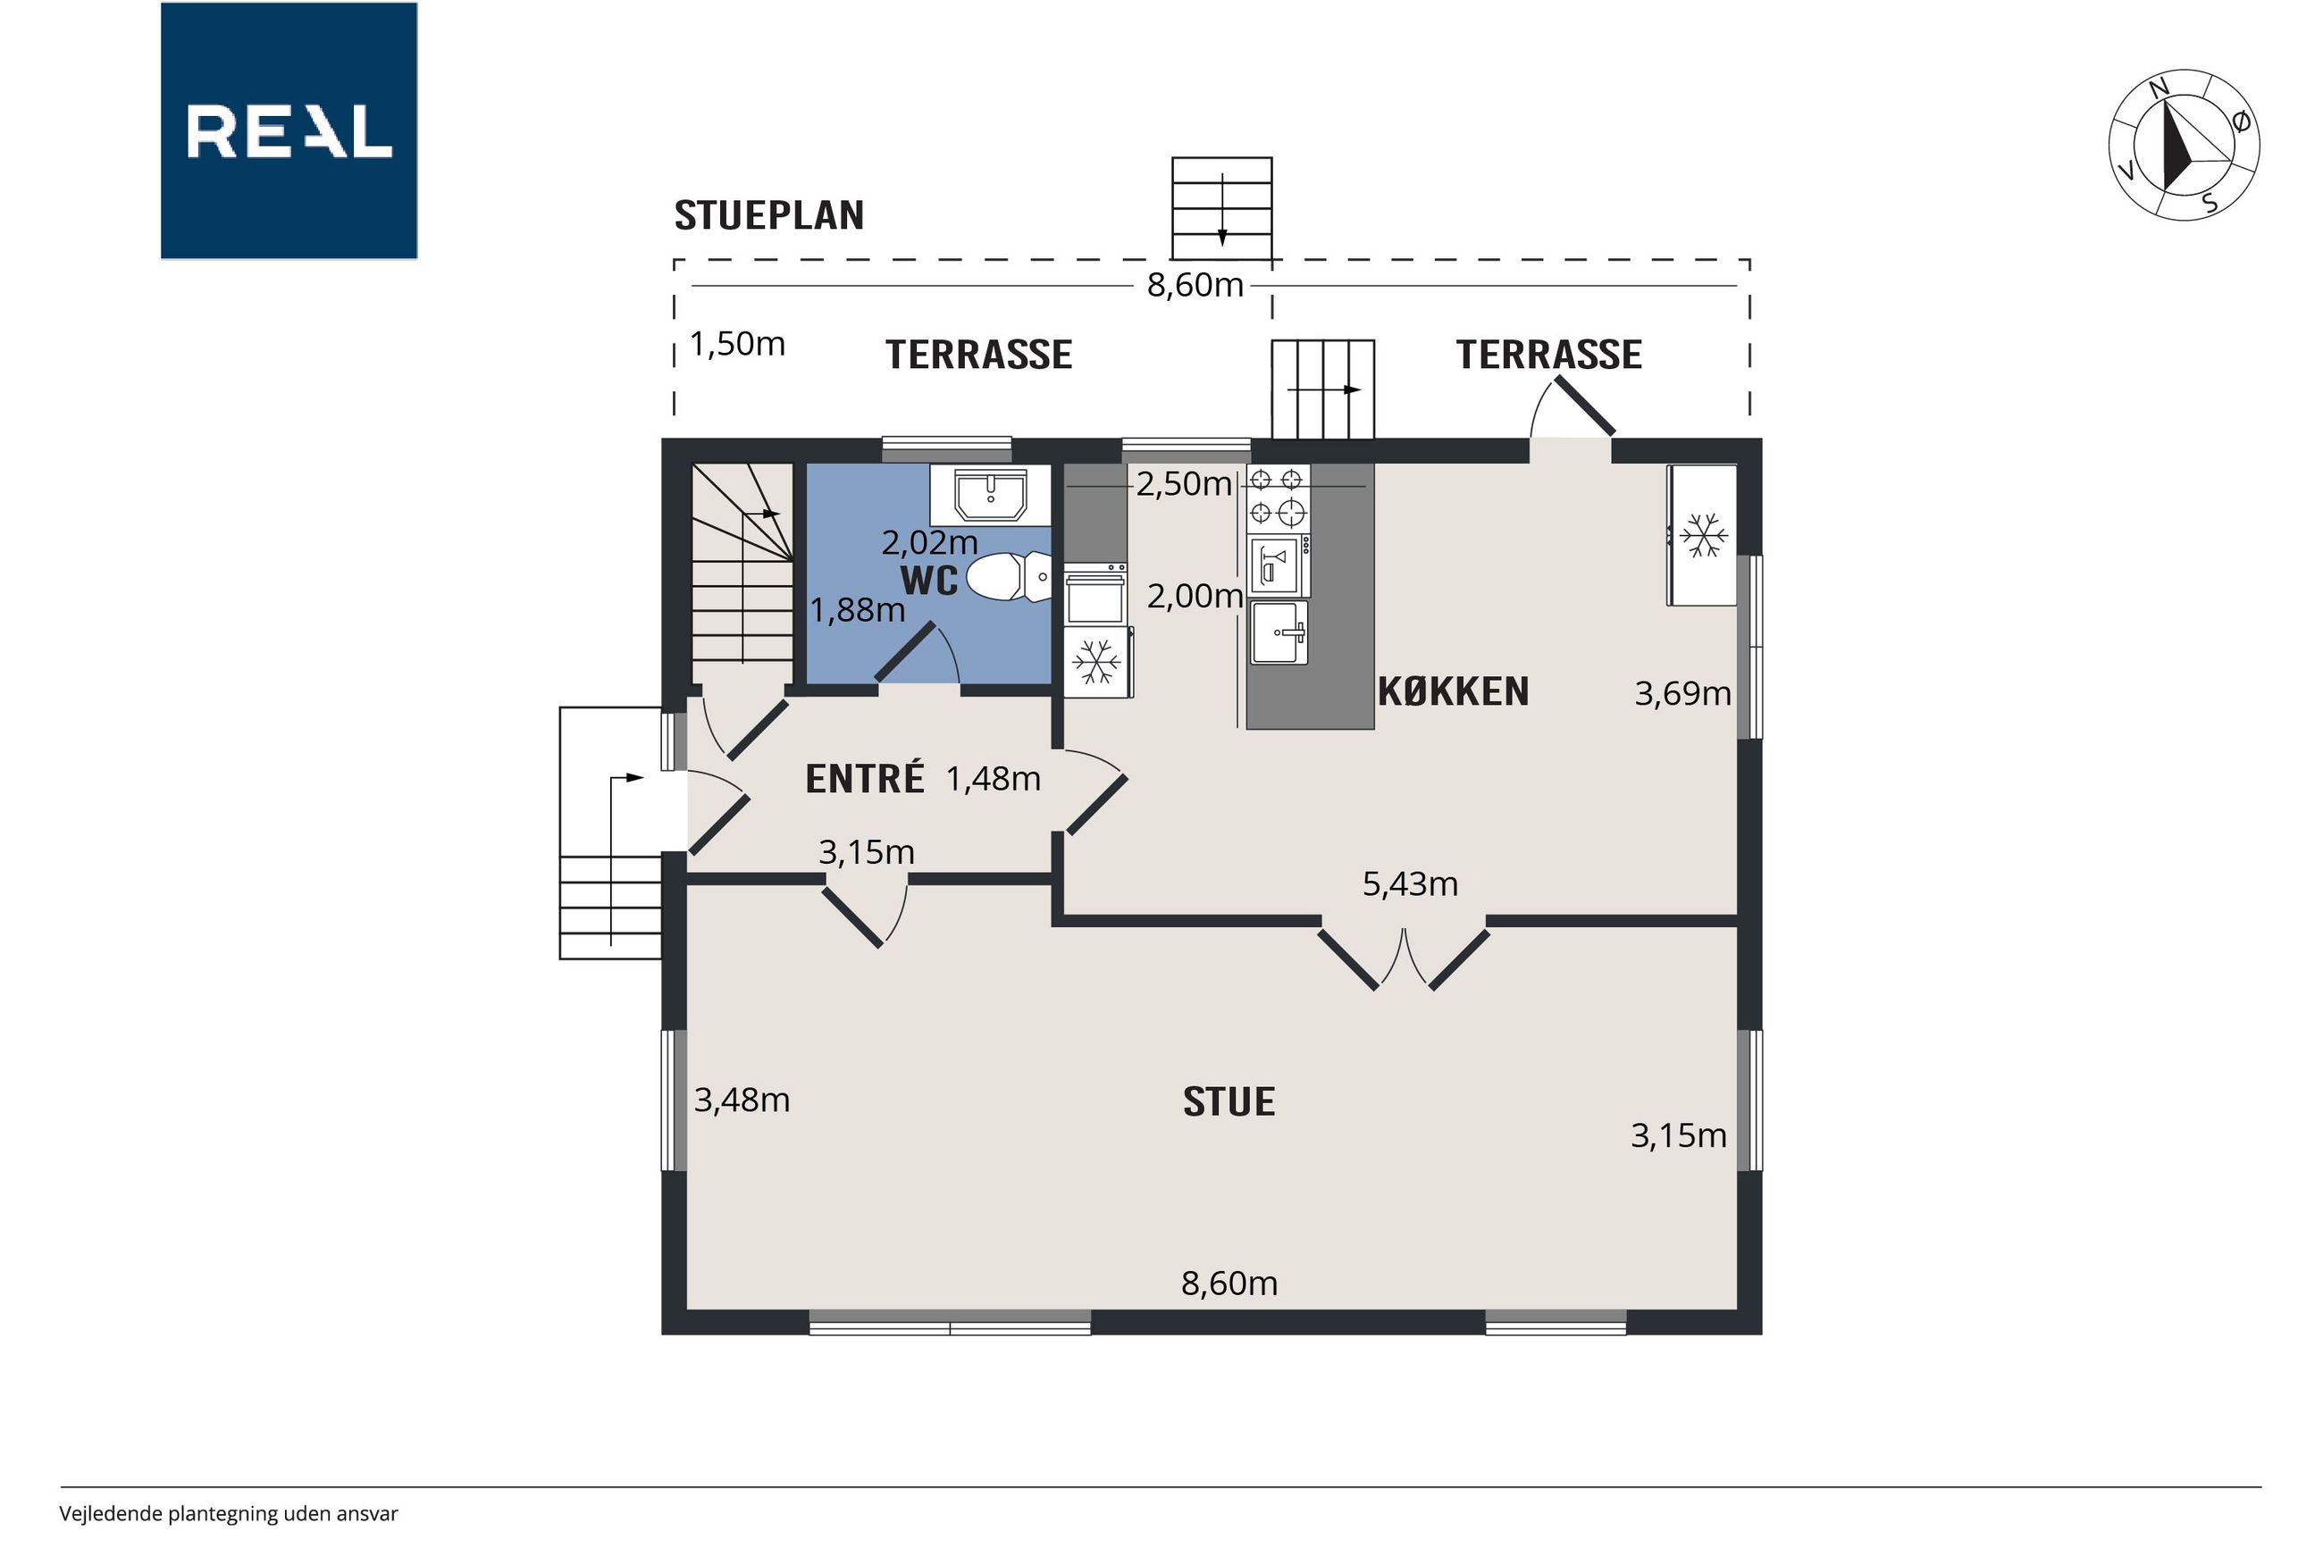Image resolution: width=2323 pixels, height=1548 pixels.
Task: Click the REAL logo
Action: pyautogui.click(x=289, y=130)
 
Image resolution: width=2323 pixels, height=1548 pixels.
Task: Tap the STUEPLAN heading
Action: pyautogui.click(x=769, y=215)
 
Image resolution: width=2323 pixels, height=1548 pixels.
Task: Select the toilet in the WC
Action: pyautogui.click(x=1008, y=576)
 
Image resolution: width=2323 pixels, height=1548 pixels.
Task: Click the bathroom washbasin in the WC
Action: pyautogui.click(x=990, y=496)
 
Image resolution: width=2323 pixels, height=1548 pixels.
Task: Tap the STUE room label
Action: pyautogui.click(x=1229, y=1100)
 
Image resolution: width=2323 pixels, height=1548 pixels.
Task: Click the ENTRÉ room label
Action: pyautogui.click(x=865, y=778)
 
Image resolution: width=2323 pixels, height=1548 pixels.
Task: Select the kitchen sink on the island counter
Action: pyautogui.click(x=1279, y=632)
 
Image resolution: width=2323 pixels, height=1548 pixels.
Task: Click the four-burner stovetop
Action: pyautogui.click(x=1277, y=498)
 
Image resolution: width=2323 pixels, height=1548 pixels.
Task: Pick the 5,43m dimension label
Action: pyautogui.click(x=1410, y=883)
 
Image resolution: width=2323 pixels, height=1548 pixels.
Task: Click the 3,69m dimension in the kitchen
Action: pyautogui.click(x=1682, y=694)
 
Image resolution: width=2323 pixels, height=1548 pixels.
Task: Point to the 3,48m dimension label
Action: pyautogui.click(x=742, y=1100)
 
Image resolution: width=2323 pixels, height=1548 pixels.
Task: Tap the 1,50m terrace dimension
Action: pyautogui.click(x=737, y=344)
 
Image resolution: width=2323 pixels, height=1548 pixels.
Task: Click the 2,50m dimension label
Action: pyautogui.click(x=1184, y=484)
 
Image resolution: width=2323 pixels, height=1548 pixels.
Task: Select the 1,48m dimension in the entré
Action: pyautogui.click(x=994, y=779)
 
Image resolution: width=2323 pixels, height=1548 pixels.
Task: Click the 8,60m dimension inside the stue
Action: pyautogui.click(x=1229, y=1284)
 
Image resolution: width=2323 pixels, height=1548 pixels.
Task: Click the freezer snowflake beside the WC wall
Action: pyautogui.click(x=1097, y=662)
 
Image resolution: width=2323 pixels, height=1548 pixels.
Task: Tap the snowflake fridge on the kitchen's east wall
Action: pyautogui.click(x=1703, y=535)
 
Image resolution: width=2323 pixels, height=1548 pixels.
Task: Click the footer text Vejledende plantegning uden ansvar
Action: pyautogui.click(x=228, y=1513)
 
